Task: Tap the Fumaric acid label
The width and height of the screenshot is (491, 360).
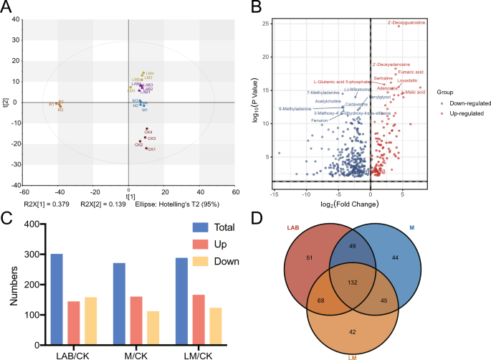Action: pos(411,72)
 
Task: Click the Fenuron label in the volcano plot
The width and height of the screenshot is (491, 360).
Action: pos(319,120)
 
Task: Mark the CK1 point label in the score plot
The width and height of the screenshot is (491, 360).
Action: pos(151,148)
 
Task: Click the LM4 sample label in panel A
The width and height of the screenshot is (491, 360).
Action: pos(150,73)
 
